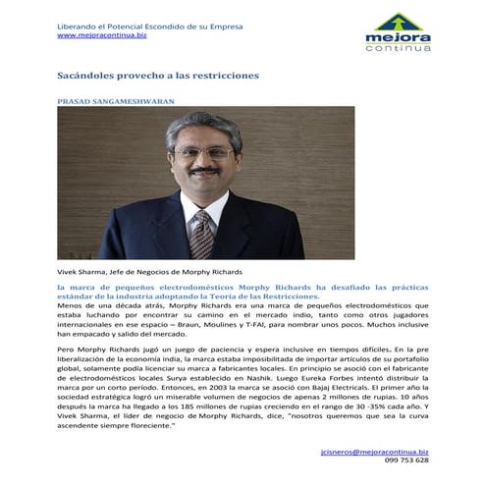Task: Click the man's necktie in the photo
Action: pos(202,232)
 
